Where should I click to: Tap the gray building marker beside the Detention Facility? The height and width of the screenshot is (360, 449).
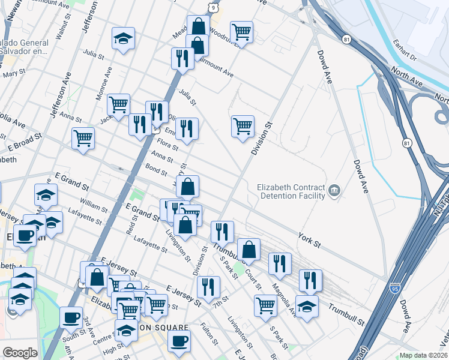click(x=334, y=191)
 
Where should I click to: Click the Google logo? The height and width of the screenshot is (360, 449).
click(x=20, y=353)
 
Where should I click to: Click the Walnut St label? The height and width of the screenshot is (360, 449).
click(x=59, y=29)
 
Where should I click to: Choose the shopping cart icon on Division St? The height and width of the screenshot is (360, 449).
click(x=243, y=126)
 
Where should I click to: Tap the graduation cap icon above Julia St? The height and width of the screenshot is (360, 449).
click(x=123, y=38)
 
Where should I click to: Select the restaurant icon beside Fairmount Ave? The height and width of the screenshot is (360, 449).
click(x=181, y=58)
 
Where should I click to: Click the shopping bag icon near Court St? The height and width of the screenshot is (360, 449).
click(x=249, y=249)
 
